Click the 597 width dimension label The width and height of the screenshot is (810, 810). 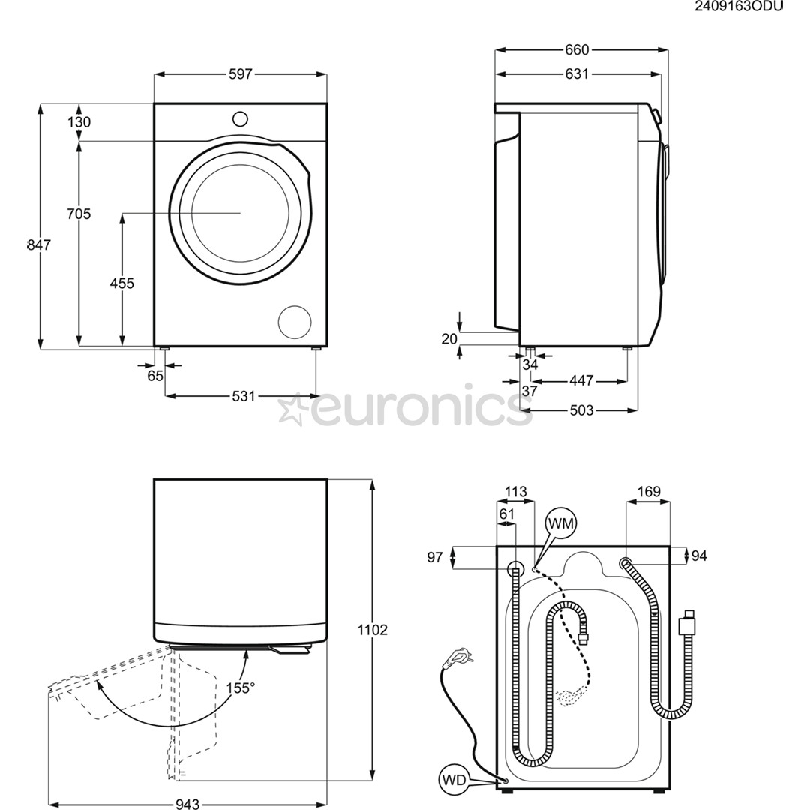[241, 74]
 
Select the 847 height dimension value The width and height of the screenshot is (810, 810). [38, 244]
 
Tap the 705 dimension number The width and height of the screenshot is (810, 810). [78, 214]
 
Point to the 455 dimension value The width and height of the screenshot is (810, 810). [121, 283]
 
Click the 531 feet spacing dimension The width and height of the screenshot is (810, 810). [243, 395]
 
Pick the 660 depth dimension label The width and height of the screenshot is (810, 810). [577, 50]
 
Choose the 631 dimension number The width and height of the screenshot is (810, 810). [577, 73]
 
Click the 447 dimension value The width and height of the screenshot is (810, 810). [580, 381]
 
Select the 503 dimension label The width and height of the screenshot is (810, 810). [580, 410]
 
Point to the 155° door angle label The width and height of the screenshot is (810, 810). [241, 687]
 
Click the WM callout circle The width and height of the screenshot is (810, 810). [562, 523]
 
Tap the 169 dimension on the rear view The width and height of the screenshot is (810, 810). [648, 492]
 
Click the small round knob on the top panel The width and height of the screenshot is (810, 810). [240, 118]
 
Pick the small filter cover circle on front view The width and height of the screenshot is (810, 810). [294, 322]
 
